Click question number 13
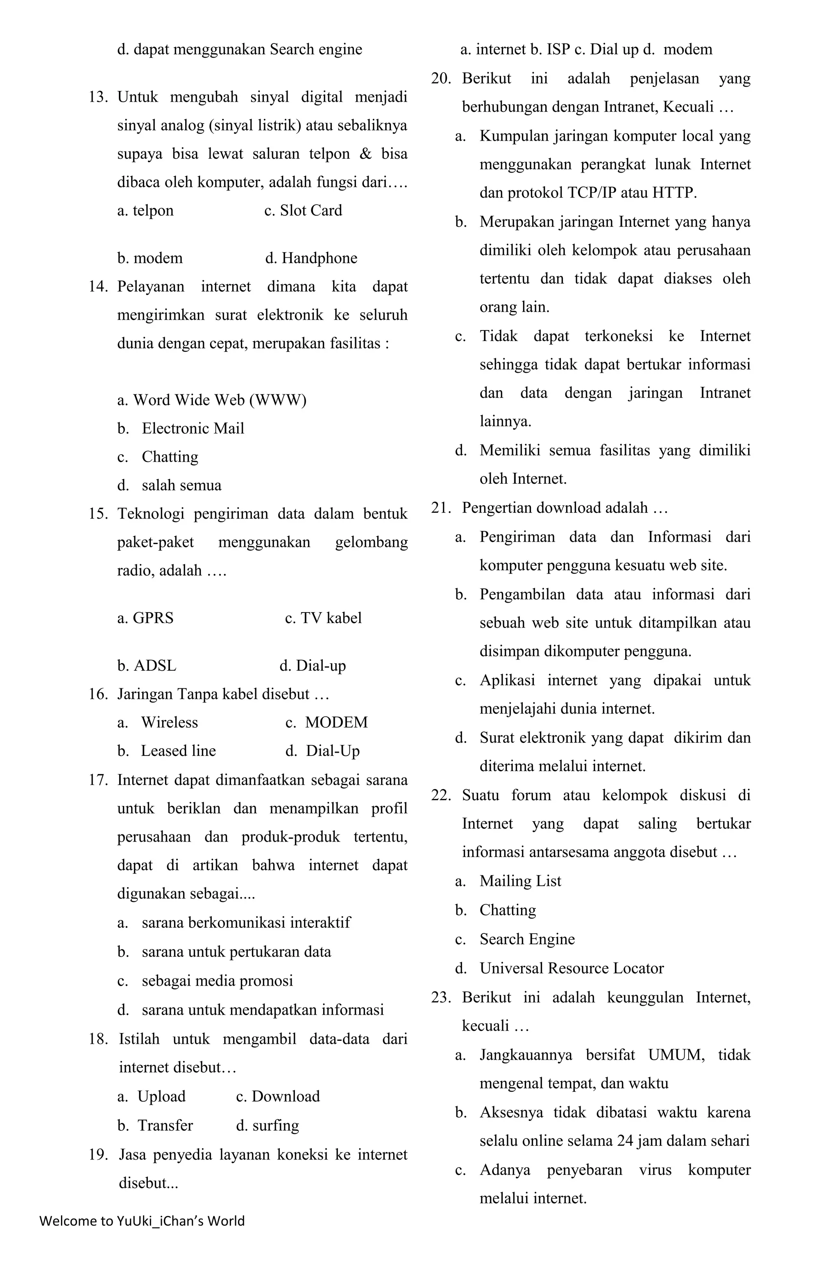click(x=98, y=98)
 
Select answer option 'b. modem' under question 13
click(x=150, y=258)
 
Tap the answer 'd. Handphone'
click(x=311, y=258)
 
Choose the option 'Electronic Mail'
click(x=193, y=428)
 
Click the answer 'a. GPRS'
click(x=145, y=618)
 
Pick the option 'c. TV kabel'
click(x=323, y=618)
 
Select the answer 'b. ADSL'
click(x=147, y=665)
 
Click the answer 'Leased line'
click(x=178, y=751)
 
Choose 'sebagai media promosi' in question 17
click(x=217, y=981)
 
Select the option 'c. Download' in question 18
click(x=278, y=1096)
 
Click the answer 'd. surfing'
click(x=268, y=1125)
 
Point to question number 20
click(x=440, y=79)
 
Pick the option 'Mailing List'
click(x=520, y=881)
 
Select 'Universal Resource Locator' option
click(x=571, y=968)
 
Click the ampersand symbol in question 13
click(x=365, y=154)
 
